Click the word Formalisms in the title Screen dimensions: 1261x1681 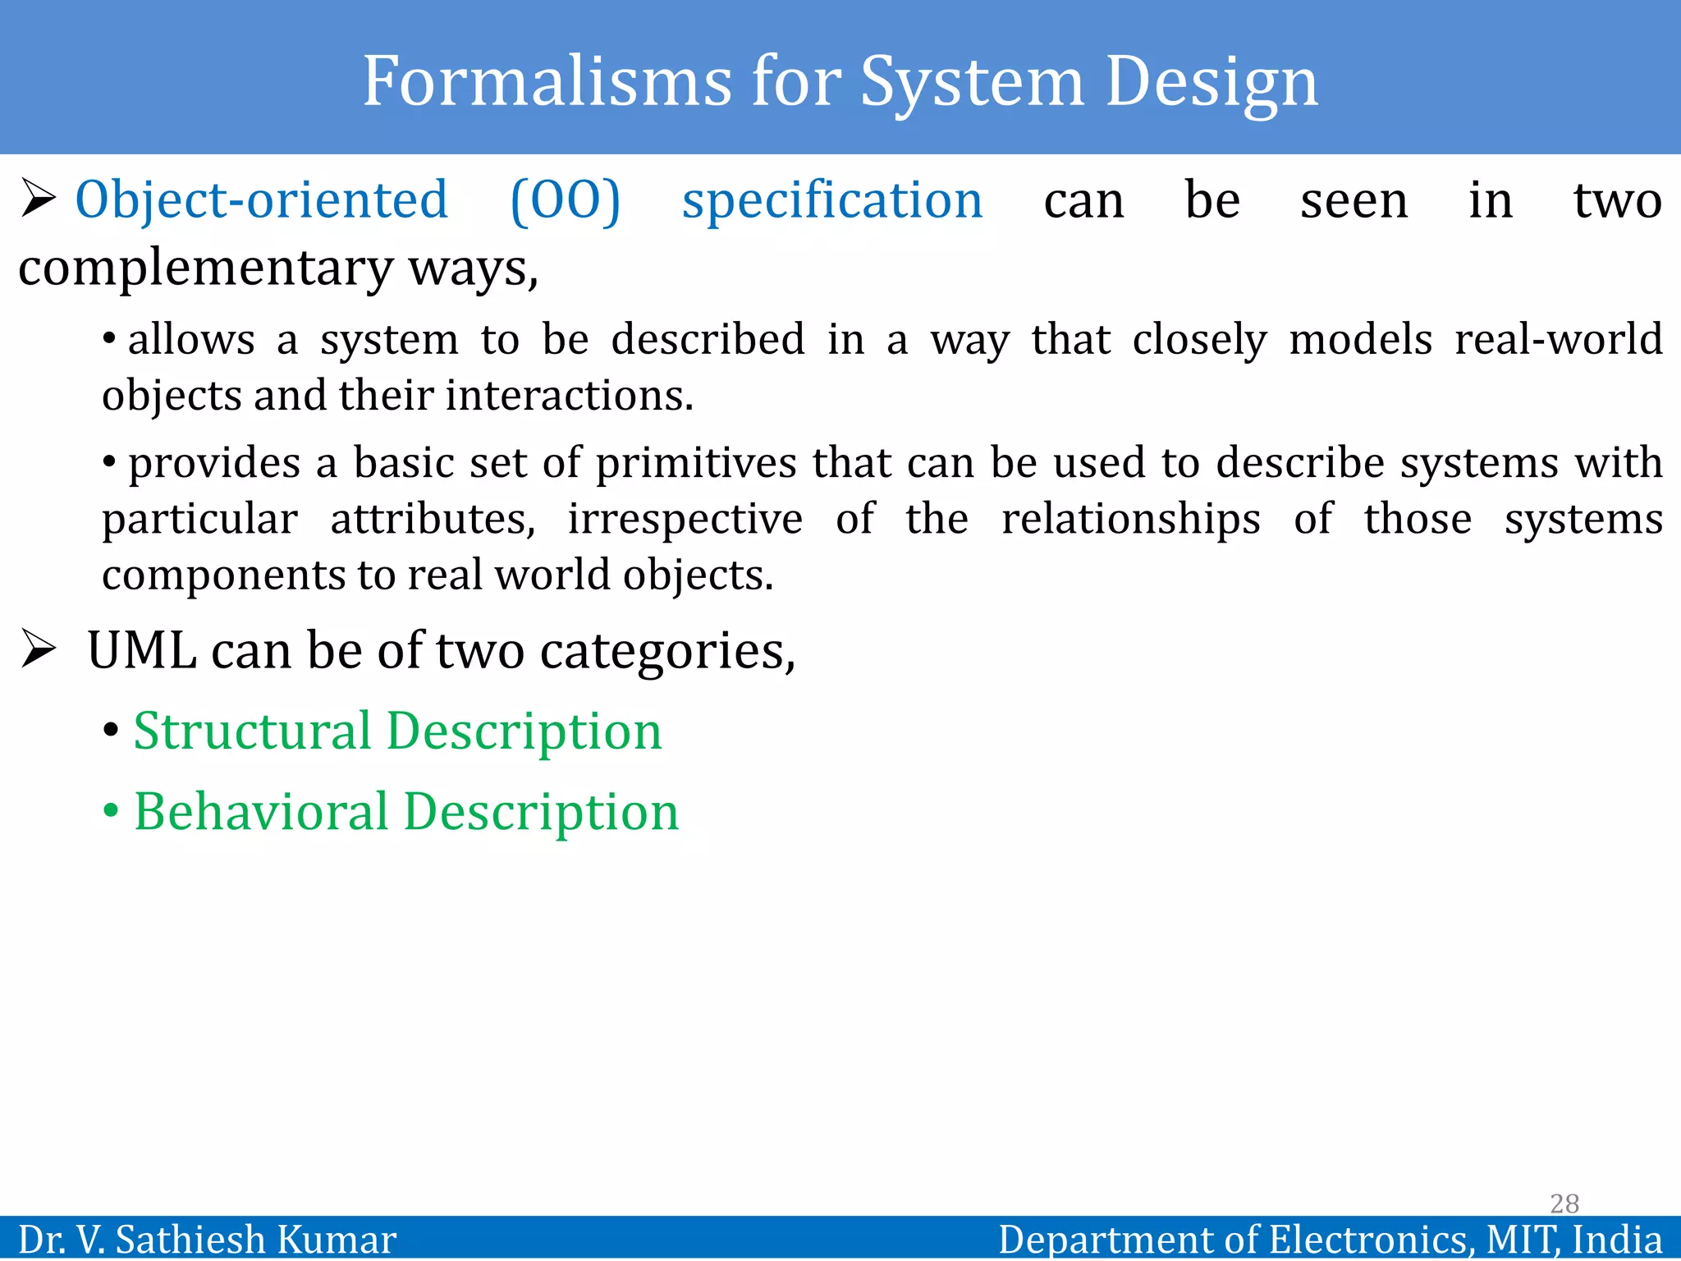pos(547,81)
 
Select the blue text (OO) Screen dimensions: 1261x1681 pos(565,200)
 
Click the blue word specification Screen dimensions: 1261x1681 pos(831,200)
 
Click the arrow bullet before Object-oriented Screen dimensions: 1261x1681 pos(38,199)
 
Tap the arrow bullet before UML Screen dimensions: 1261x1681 pos(38,649)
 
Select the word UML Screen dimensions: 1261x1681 pos(141,650)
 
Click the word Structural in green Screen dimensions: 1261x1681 pos(252,731)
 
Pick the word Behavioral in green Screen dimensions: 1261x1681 pos(261,811)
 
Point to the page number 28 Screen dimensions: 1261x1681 pos(1564,1204)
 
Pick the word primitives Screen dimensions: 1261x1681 pos(695,463)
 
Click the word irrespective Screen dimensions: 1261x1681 pos(685,519)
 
